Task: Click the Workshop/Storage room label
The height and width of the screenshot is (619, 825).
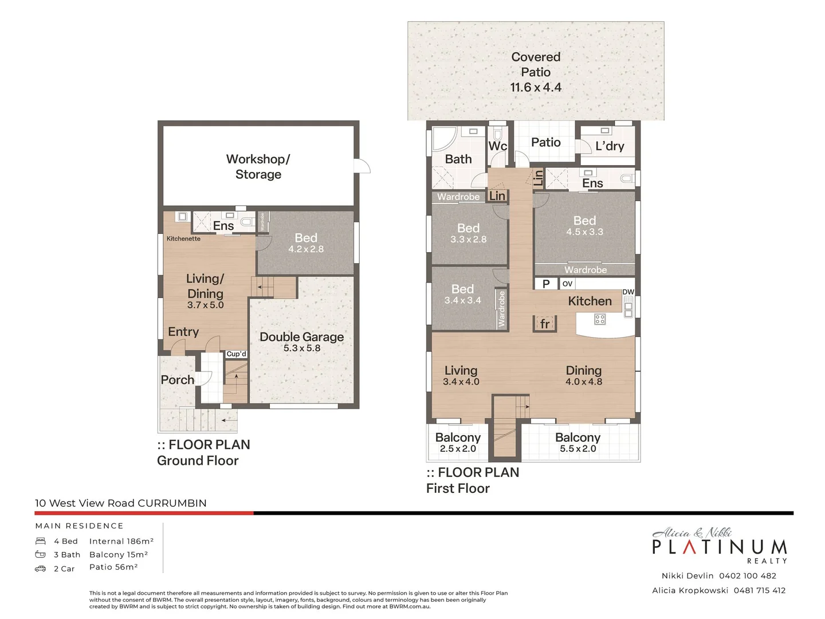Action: (x=258, y=167)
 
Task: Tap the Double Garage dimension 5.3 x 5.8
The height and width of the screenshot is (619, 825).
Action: (x=302, y=348)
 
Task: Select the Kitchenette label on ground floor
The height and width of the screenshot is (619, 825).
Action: (x=183, y=238)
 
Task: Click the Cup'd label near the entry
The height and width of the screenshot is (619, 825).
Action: (x=236, y=354)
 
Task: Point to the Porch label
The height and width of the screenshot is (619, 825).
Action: (x=178, y=380)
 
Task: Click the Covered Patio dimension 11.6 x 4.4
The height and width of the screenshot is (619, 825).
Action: (x=536, y=88)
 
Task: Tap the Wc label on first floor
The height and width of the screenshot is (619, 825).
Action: (x=497, y=146)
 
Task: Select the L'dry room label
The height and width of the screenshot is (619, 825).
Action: (x=610, y=146)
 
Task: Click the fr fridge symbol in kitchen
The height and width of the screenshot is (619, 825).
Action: (x=545, y=324)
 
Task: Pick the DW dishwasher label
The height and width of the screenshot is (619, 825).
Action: (x=628, y=292)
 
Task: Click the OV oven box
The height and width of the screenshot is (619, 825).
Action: (x=567, y=284)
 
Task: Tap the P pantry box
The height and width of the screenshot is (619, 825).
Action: (x=546, y=284)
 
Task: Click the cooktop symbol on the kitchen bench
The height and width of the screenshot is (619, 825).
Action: (x=600, y=319)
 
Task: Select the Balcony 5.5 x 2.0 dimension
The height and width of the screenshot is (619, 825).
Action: (x=578, y=449)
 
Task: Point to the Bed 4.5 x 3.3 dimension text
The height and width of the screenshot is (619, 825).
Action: (x=584, y=232)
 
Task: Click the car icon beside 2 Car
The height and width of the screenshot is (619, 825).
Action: (x=40, y=569)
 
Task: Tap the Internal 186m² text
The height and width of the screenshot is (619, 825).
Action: (x=121, y=541)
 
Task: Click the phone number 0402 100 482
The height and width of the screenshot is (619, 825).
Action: (x=748, y=575)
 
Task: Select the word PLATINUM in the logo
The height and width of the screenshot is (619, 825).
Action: (x=720, y=547)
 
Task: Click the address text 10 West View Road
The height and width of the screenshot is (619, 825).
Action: (x=85, y=503)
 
